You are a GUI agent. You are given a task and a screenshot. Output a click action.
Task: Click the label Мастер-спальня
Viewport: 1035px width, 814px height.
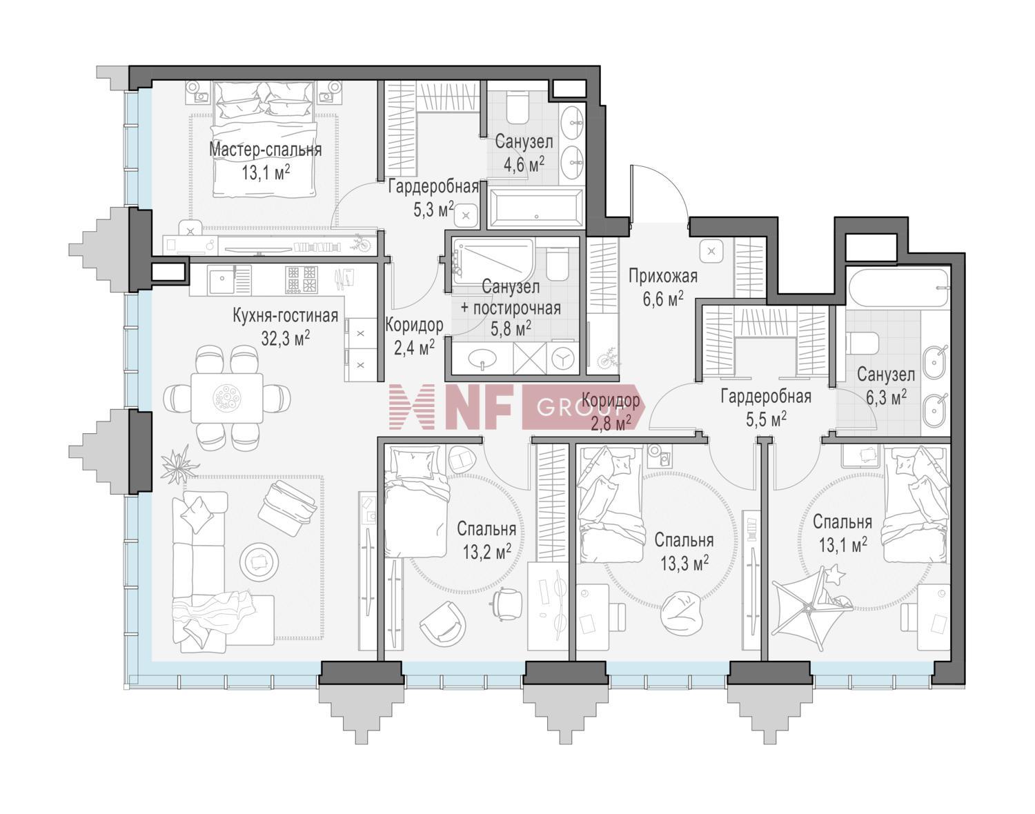point(265,150)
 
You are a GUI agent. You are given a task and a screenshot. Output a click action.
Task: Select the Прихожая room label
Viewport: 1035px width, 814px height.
point(663,277)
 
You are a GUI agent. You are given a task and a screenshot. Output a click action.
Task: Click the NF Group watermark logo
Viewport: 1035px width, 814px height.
point(517,407)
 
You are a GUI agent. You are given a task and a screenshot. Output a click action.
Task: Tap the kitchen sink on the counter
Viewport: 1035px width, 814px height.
point(221,280)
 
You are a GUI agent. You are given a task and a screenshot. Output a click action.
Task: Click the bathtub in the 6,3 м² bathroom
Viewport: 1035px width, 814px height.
point(898,288)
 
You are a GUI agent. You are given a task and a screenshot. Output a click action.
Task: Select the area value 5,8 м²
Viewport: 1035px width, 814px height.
point(511,329)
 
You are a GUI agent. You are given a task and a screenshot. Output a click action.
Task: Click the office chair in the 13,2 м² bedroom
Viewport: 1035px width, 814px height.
point(507,602)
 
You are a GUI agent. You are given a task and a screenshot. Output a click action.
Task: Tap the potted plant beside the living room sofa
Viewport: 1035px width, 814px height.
point(179,464)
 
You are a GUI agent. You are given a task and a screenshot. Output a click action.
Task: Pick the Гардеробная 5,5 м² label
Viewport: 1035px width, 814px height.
point(766,408)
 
